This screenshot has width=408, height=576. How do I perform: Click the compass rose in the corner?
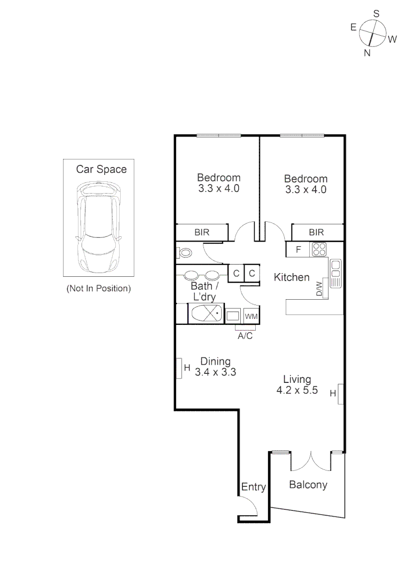(373, 34)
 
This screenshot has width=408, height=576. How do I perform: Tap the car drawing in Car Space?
(99, 227)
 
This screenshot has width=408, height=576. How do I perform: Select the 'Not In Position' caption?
(98, 289)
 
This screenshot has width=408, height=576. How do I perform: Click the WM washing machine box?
(251, 316)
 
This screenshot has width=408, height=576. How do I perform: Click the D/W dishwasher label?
(319, 289)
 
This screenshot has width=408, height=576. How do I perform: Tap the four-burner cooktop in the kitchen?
(319, 249)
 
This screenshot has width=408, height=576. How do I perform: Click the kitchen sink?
(335, 273)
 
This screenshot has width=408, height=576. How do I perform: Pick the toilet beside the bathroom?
(185, 253)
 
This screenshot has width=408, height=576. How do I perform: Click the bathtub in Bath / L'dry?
(206, 314)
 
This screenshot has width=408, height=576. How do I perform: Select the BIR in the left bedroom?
(202, 233)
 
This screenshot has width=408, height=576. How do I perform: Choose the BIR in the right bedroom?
(316, 233)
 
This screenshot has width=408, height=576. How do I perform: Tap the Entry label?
(253, 487)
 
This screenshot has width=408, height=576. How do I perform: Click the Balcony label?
(308, 485)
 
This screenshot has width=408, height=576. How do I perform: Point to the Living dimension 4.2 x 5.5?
(297, 390)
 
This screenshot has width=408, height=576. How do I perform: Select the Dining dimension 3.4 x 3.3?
(215, 372)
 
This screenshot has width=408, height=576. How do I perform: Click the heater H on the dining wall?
(180, 367)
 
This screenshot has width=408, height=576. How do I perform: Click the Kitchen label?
(292, 277)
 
